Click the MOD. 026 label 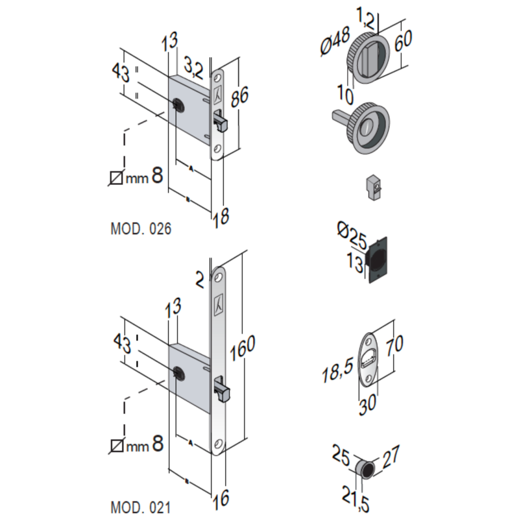click(141, 229)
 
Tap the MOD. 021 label click(141, 507)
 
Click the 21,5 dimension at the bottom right click(357, 496)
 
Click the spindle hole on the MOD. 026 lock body click(178, 104)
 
